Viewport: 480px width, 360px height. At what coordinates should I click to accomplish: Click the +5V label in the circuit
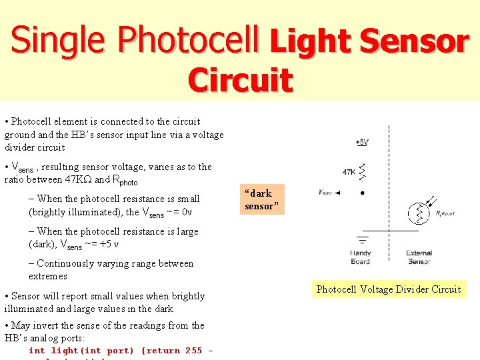[x=361, y=142]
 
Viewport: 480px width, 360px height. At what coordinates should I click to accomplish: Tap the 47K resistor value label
[x=349, y=172]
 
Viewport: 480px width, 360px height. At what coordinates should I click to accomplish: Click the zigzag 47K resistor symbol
[x=362, y=171]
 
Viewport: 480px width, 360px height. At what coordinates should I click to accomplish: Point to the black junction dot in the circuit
[x=362, y=193]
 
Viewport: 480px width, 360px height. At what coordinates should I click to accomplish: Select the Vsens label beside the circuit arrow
[x=326, y=193]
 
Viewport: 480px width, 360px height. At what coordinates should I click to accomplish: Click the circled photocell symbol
[x=419, y=212]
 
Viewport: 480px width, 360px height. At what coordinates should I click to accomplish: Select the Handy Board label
[x=360, y=257]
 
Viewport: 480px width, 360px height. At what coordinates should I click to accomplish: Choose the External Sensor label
[x=419, y=257]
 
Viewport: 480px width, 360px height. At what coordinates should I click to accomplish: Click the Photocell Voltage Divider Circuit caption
[x=389, y=289]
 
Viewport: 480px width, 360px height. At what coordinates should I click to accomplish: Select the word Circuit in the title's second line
[x=240, y=80]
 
